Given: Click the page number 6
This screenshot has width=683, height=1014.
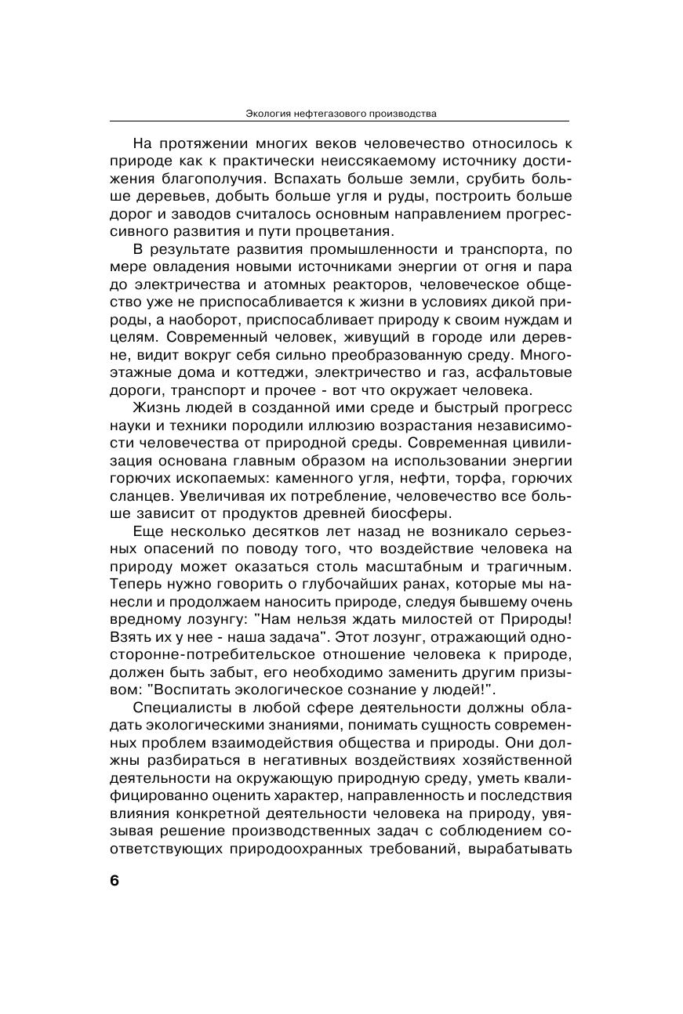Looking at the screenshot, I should click(114, 880).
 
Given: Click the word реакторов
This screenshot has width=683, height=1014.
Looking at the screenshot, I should click(349, 285).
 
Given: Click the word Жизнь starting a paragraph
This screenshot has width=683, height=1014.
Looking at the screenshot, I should click(154, 408).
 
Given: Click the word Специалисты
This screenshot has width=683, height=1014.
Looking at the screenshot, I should click(178, 708).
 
